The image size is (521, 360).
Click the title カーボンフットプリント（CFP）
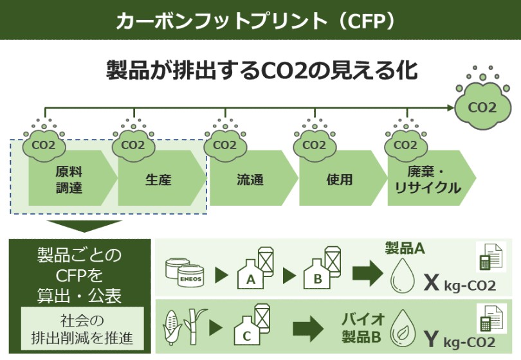point(260,20)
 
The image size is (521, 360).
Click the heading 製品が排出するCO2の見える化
point(260,71)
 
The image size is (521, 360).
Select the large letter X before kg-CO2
point(430,281)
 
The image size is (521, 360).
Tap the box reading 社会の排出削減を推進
point(81,329)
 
